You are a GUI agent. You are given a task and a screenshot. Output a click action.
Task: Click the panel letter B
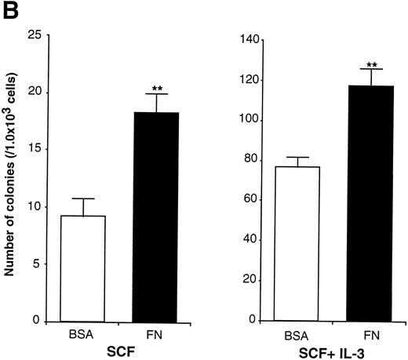(10, 11)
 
